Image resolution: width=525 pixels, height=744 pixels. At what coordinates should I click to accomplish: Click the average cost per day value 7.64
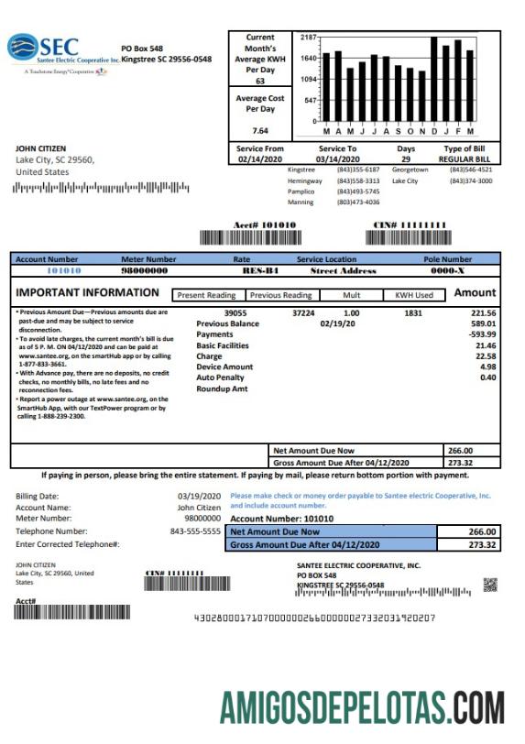coord(260,130)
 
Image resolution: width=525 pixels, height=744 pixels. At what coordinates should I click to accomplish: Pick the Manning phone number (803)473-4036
coord(358,202)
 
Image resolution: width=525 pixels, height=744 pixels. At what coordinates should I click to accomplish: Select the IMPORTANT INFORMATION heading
coord(88,293)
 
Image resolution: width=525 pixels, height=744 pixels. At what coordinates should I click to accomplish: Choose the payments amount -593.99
coord(480,334)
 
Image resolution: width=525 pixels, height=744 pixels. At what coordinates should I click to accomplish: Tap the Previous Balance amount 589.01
coord(483,323)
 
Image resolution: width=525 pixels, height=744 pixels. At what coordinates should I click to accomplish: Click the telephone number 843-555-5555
coord(195,531)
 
